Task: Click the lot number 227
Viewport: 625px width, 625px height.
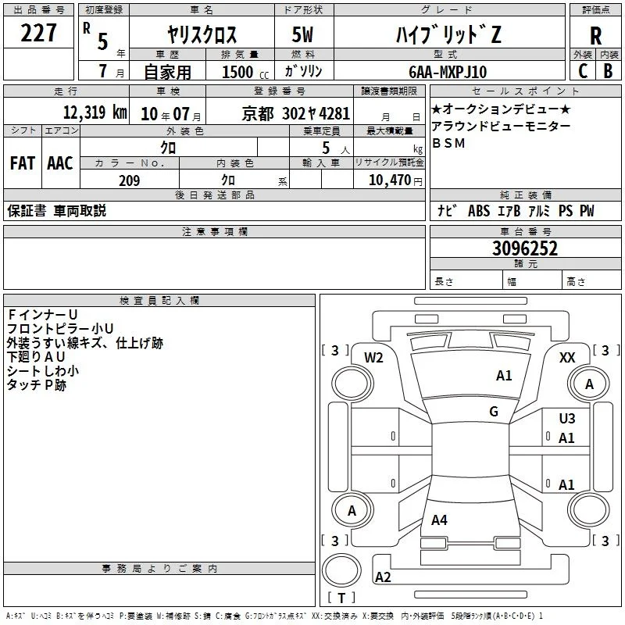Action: pyautogui.click(x=38, y=33)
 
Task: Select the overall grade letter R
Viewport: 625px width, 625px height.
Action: pyautogui.click(x=595, y=36)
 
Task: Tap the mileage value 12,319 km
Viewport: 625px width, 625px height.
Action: pyautogui.click(x=95, y=112)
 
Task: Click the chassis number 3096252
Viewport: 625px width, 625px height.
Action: pyautogui.click(x=525, y=248)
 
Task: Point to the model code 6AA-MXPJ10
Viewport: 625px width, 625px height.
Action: pyautogui.click(x=448, y=72)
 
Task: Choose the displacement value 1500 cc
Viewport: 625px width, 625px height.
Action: pyautogui.click(x=245, y=72)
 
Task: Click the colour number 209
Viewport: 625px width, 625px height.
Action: pyautogui.click(x=130, y=180)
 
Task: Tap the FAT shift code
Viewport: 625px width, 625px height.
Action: pyautogui.click(x=23, y=163)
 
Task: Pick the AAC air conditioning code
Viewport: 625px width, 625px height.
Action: pyautogui.click(x=60, y=163)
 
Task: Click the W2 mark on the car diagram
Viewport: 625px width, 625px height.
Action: pyautogui.click(x=373, y=358)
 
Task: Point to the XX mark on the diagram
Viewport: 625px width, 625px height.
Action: pyautogui.click(x=567, y=358)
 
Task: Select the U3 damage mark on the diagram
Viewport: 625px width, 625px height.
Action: pyautogui.click(x=567, y=419)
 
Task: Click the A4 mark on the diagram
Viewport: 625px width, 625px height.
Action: pyautogui.click(x=439, y=520)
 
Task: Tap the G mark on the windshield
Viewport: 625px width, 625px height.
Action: pyautogui.click(x=494, y=411)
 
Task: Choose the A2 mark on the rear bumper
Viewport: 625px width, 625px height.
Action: pyautogui.click(x=383, y=577)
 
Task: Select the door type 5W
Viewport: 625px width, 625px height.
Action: pyautogui.click(x=302, y=34)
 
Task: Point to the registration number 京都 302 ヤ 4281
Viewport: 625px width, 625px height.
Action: pyautogui.click(x=296, y=114)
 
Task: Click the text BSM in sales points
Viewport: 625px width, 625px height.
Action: pyautogui.click(x=448, y=143)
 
